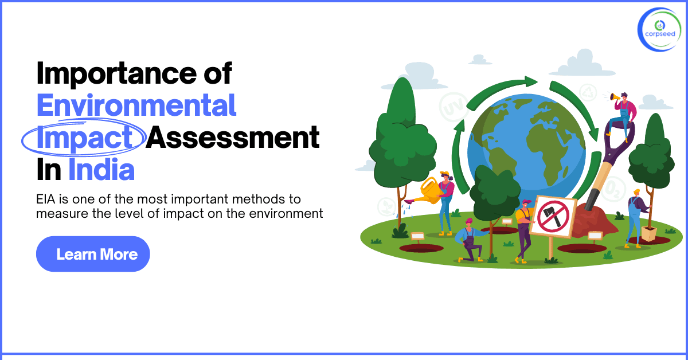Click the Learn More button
(93, 254)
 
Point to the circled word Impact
(83, 138)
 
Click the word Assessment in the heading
(232, 138)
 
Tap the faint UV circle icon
(450, 107)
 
